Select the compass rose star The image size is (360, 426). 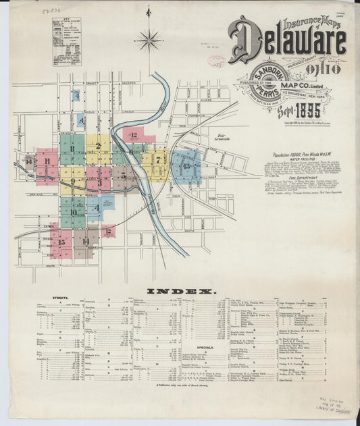tap(148, 40)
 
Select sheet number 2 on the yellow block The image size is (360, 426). tap(99, 145)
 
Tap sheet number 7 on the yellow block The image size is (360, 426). tap(158, 161)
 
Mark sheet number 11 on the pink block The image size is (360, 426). tap(47, 161)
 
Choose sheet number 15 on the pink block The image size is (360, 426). tap(61, 242)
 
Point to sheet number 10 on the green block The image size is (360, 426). tap(73, 212)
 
